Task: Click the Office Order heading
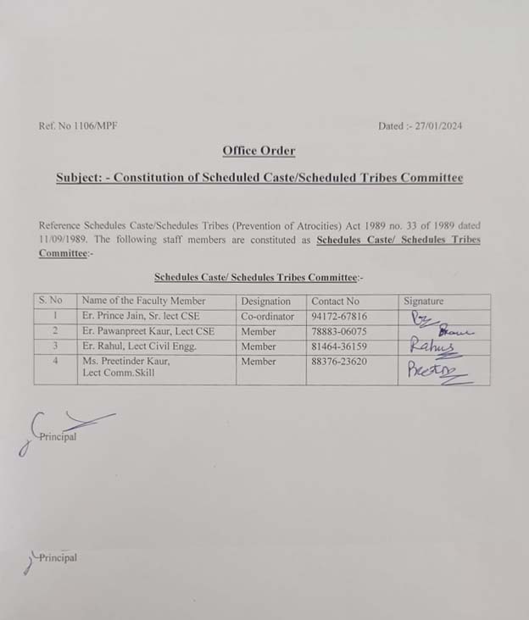click(x=259, y=151)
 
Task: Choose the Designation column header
click(x=265, y=301)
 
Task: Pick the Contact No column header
click(x=335, y=301)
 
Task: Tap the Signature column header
click(x=423, y=301)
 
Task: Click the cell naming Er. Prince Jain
click(x=141, y=316)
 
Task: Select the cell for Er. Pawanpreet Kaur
click(x=148, y=331)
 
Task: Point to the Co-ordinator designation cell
click(x=267, y=316)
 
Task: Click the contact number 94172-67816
click(x=339, y=316)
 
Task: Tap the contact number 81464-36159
click(x=339, y=346)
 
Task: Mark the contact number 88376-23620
click(x=339, y=362)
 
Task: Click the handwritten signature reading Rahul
click(x=432, y=346)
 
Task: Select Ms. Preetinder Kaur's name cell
click(x=125, y=367)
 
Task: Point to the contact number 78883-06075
click(x=339, y=331)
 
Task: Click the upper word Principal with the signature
click(x=57, y=437)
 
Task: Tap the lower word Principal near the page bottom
click(x=57, y=557)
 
